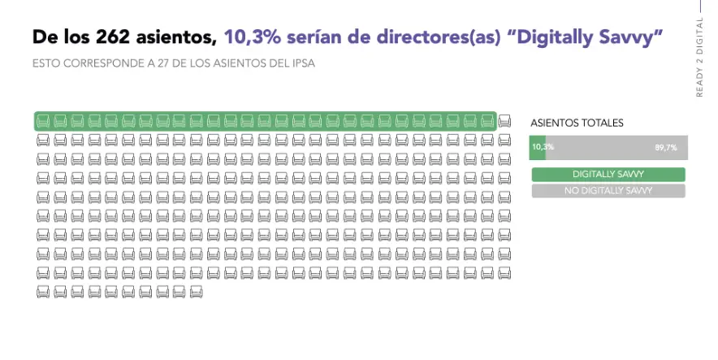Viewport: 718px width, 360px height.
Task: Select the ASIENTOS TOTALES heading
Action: click(577, 124)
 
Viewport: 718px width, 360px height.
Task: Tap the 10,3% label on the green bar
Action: click(543, 147)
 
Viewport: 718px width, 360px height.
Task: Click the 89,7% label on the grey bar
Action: click(665, 147)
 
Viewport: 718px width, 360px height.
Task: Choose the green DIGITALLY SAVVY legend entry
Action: click(608, 174)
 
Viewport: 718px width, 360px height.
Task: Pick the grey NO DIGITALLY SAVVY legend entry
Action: click(608, 191)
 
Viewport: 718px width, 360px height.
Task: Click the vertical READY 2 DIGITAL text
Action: click(699, 57)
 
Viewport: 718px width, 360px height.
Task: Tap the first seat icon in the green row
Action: click(42, 121)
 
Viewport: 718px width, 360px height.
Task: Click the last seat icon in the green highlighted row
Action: click(487, 121)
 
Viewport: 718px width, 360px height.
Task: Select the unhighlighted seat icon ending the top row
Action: click(504, 121)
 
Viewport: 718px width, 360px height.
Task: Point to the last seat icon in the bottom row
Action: click(196, 291)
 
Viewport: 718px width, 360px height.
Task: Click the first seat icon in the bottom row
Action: click(42, 291)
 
